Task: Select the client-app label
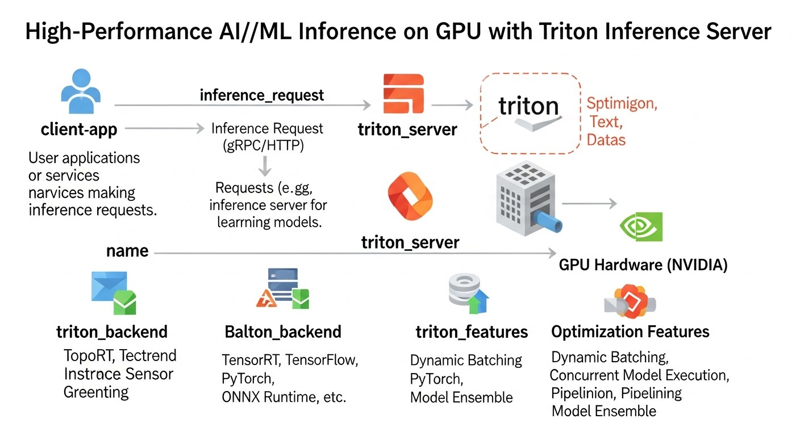pyautogui.click(x=79, y=129)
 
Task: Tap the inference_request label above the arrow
pyautogui.click(x=262, y=95)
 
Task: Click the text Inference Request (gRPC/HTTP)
pyautogui.click(x=266, y=137)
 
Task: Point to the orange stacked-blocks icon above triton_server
pyautogui.click(x=403, y=94)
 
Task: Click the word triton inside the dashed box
pyautogui.click(x=528, y=106)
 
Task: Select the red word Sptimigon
pyautogui.click(x=622, y=104)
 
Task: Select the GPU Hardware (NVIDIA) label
pyautogui.click(x=643, y=265)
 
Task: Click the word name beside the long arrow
pyautogui.click(x=127, y=251)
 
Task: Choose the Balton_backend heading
pyautogui.click(x=283, y=332)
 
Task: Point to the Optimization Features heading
pyautogui.click(x=630, y=332)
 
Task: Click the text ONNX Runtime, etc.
pyautogui.click(x=284, y=397)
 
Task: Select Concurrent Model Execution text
pyautogui.click(x=639, y=375)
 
